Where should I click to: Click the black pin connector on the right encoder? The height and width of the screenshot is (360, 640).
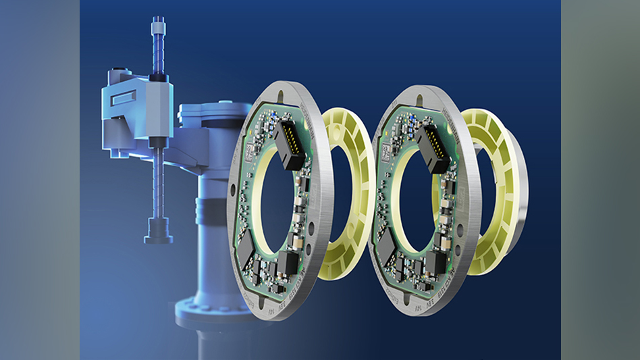tap(434, 148)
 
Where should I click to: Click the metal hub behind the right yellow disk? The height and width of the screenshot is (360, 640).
tap(524, 203)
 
